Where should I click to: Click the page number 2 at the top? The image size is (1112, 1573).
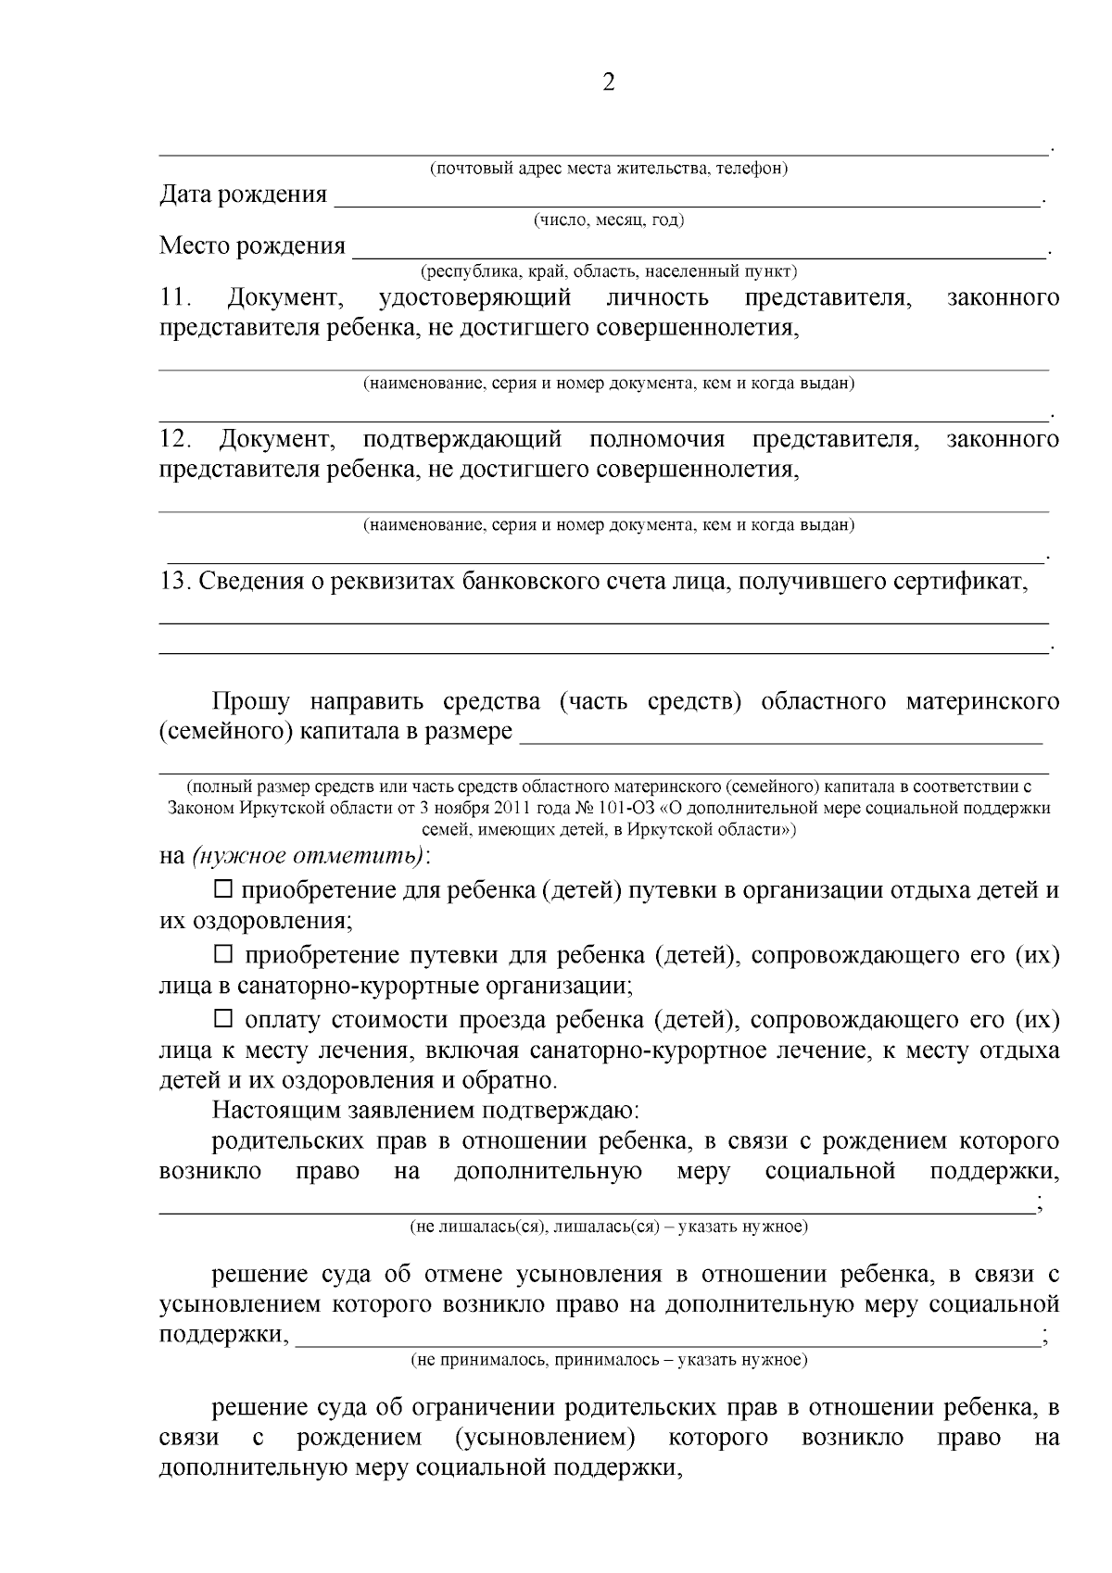tap(609, 83)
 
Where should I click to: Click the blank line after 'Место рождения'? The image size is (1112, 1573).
tap(700, 252)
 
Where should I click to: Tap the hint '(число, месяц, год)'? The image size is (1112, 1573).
tap(608, 220)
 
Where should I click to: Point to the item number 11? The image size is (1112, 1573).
tap(174, 298)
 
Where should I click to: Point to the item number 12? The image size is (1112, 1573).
tap(174, 439)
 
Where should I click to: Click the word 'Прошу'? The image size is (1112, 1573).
tap(250, 702)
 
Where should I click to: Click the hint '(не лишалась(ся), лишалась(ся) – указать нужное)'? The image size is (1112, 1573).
tap(609, 1227)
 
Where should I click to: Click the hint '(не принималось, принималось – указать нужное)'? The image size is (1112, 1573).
tap(609, 1360)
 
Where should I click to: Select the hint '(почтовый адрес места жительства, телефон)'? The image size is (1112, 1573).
tap(609, 169)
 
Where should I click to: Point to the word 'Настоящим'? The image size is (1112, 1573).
tap(265, 1109)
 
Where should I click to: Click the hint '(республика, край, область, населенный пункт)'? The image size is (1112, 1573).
tap(609, 272)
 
